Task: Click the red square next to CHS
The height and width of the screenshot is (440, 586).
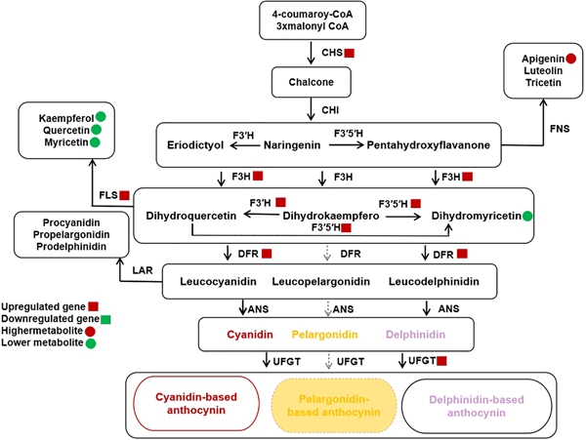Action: click(349, 53)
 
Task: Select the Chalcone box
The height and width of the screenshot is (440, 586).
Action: click(311, 82)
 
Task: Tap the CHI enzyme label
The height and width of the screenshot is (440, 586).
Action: click(330, 110)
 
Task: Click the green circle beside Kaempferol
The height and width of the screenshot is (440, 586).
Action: click(101, 117)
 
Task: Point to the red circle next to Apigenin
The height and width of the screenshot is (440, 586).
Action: click(570, 59)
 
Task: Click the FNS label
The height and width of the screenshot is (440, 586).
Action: click(560, 129)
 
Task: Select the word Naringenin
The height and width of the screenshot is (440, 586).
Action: click(292, 144)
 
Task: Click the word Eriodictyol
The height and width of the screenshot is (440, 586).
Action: click(195, 144)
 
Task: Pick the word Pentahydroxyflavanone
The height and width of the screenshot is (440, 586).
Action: click(429, 144)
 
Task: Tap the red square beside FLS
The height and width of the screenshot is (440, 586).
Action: click(124, 195)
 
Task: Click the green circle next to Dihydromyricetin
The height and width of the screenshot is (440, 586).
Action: click(527, 216)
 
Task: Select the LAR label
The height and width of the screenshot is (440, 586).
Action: click(143, 270)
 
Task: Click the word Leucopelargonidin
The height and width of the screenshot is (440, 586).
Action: click(320, 281)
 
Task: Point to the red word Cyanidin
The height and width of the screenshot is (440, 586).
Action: click(250, 335)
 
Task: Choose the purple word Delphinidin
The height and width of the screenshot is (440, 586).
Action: click(415, 335)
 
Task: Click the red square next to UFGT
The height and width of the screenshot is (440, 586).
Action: click(441, 361)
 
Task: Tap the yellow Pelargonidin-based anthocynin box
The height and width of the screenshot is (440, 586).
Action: click(334, 406)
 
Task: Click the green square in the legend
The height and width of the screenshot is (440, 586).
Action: click(106, 319)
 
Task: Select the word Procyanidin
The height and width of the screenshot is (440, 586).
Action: click(71, 222)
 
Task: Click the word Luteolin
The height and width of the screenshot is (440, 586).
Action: click(543, 70)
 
